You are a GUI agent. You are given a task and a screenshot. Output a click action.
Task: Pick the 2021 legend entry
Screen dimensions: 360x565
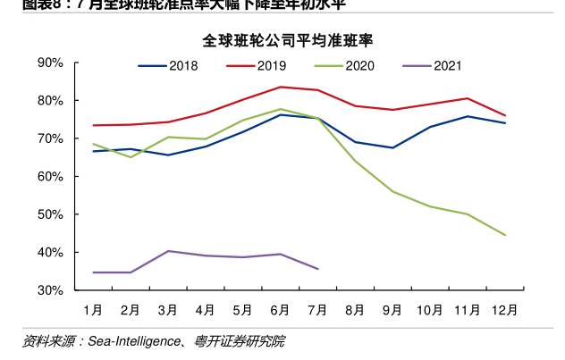[448, 66]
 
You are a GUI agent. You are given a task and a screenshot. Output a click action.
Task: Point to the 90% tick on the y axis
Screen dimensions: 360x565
[50, 63]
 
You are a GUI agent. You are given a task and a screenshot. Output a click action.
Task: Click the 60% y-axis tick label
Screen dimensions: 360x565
[50, 177]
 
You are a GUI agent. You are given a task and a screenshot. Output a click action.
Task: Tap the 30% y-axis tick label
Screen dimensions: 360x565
[50, 291]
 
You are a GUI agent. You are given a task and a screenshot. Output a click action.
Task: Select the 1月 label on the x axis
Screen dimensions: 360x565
[93, 310]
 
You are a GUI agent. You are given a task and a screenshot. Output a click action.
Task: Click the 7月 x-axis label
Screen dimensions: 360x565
[317, 310]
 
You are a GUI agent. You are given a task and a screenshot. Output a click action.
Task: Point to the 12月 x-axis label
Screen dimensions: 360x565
[504, 310]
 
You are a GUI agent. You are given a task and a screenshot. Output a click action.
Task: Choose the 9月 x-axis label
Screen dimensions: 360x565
[392, 310]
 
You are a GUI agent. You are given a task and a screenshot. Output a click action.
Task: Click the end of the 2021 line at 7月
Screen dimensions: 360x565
[317, 269]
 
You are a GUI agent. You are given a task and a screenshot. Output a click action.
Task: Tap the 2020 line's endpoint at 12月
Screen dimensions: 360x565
[505, 235]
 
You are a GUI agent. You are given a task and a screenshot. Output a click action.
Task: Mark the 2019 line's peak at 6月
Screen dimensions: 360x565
[281, 87]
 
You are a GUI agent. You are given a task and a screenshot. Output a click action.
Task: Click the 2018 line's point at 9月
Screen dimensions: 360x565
[392, 147]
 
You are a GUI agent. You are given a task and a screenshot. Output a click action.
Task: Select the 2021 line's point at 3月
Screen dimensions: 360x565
[168, 251]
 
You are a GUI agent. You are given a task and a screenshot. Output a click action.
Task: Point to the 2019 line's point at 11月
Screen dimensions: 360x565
[468, 98]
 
